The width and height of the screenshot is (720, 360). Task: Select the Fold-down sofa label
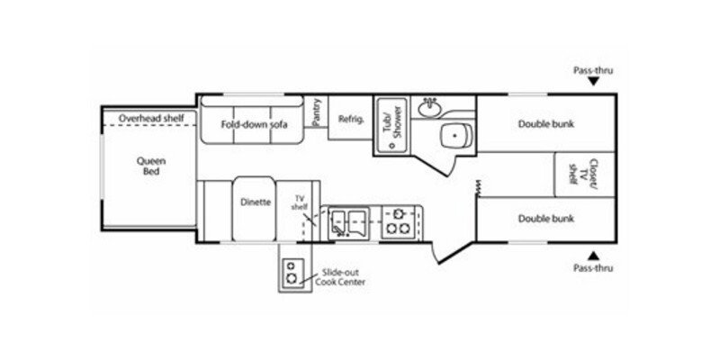[256, 123]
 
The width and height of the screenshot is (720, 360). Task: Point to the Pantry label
[316, 112]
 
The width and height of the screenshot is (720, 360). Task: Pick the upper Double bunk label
[545, 124]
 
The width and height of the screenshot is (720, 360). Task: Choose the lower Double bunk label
[545, 218]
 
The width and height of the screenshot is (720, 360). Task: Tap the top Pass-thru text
[593, 68]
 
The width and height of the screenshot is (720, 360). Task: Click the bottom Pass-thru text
[593, 269]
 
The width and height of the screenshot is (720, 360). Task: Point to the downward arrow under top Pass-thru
[593, 82]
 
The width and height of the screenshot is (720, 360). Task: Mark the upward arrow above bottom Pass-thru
[593, 255]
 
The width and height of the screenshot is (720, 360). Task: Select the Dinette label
[256, 202]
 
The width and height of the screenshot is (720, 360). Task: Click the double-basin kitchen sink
[346, 220]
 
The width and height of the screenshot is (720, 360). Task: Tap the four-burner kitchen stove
[396, 220]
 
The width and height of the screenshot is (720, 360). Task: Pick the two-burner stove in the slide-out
[292, 273]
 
